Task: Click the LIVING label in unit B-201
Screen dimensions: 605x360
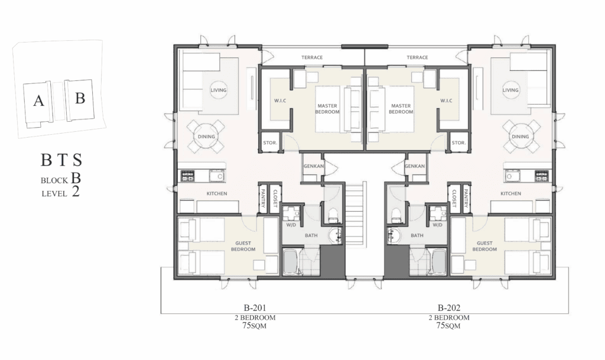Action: point(219,90)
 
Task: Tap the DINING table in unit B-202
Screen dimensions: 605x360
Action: point(520,136)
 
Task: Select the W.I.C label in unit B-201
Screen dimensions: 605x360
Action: point(280,100)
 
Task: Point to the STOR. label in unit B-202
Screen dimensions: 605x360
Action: point(458,143)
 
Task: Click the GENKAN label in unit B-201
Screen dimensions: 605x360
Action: point(314,166)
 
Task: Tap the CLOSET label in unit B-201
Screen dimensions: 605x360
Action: point(275,199)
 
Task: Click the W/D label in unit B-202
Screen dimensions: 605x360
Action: point(438,225)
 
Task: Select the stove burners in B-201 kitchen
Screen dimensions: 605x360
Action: point(188,176)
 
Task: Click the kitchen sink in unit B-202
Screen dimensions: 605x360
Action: point(512,176)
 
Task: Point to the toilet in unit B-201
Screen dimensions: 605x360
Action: point(333,216)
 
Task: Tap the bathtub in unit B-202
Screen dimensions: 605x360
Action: point(439,262)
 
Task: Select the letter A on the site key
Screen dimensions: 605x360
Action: point(38,100)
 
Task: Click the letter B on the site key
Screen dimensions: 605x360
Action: point(80,98)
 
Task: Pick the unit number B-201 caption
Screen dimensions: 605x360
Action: point(255,308)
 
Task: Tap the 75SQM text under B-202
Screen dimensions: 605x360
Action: point(448,326)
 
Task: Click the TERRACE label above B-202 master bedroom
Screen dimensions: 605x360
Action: point(417,57)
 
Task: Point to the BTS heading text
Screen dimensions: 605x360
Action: point(61,160)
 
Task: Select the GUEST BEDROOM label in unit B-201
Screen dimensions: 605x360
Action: point(243,246)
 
